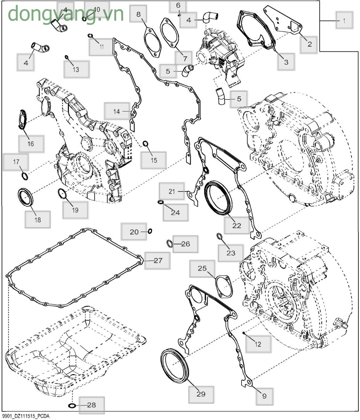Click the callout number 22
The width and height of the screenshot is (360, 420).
tap(237, 226)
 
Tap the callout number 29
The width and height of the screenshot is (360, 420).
tap(201, 394)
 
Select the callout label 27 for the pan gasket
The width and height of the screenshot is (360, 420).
tap(158, 260)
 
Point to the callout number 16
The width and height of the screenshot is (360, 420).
tap(31, 144)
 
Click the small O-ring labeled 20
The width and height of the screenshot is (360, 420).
tap(150, 231)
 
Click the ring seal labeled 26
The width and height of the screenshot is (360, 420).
tap(170, 244)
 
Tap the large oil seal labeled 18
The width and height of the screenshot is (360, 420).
tap(25, 197)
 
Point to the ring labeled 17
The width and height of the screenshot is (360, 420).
tap(25, 176)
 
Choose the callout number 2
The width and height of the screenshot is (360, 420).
tap(310, 44)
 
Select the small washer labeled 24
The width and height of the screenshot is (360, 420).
tap(161, 202)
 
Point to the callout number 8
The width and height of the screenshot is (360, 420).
tap(138, 14)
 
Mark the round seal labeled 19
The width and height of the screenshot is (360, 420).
tap(62, 194)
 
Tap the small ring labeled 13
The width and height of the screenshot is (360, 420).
tap(66, 57)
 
